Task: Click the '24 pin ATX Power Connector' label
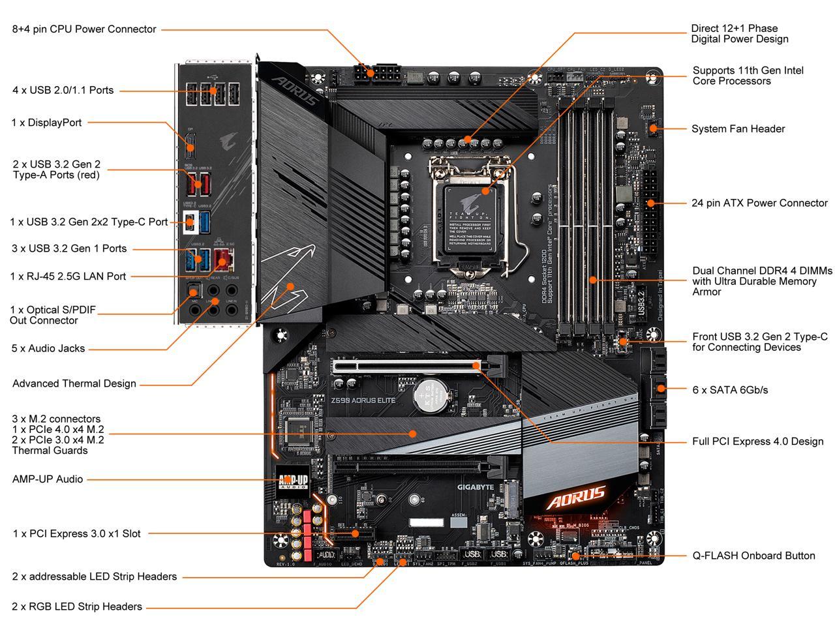[x=759, y=203]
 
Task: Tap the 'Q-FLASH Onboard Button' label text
[x=753, y=556]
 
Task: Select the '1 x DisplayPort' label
[x=46, y=123]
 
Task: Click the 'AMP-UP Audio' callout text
[x=48, y=479]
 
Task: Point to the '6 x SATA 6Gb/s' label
[x=730, y=390]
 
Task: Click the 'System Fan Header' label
[x=738, y=128]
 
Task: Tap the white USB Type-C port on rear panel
[x=189, y=221]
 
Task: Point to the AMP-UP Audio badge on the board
[x=293, y=481]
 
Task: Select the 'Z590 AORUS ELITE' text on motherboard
[x=363, y=400]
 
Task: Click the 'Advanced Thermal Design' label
[x=74, y=383]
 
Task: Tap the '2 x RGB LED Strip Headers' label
[x=77, y=606]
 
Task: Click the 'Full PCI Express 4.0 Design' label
[x=757, y=441]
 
